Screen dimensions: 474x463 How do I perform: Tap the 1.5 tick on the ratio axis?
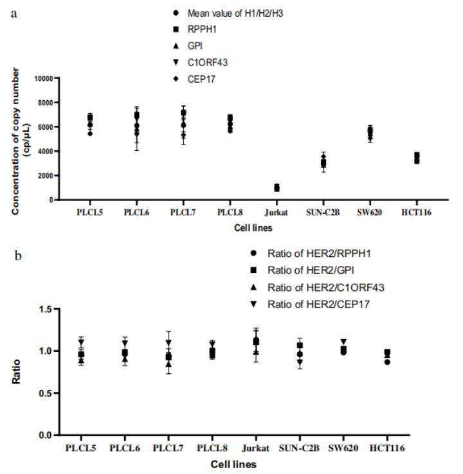pyautogui.click(x=46, y=310)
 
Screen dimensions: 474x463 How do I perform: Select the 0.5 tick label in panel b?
pyautogui.click(x=46, y=393)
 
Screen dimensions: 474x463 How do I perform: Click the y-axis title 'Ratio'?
pyautogui.click(x=15, y=373)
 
